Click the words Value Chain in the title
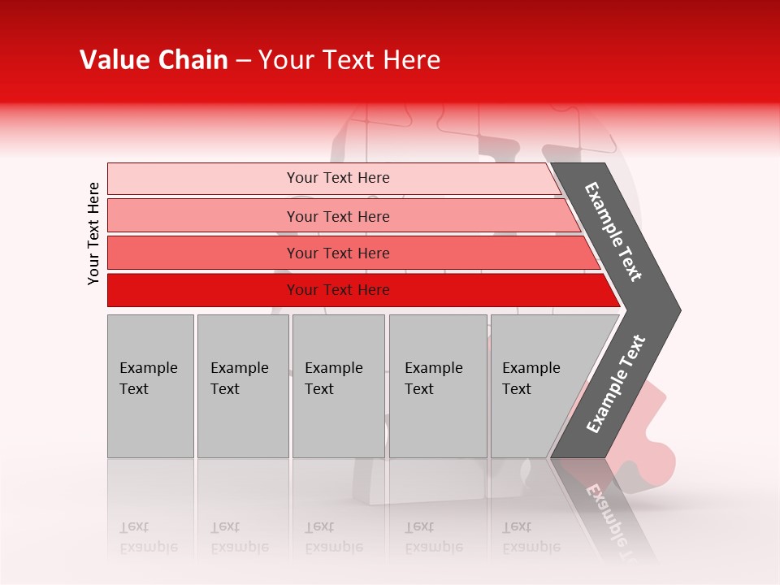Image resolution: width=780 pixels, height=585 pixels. (x=154, y=60)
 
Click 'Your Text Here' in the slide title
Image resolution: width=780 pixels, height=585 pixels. (x=349, y=60)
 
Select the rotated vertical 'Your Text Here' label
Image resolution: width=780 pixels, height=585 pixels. (x=93, y=233)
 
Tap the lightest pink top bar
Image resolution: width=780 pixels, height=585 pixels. (x=337, y=178)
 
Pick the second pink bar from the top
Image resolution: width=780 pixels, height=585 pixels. (x=337, y=216)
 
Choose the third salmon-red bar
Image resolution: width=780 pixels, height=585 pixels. (x=337, y=253)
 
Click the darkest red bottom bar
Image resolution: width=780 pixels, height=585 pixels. (x=337, y=290)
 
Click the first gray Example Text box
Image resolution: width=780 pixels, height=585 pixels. (x=150, y=386)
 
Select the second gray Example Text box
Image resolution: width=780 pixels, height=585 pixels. (x=242, y=386)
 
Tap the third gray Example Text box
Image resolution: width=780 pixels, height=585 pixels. (x=338, y=386)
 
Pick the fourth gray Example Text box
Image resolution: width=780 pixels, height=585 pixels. (x=437, y=386)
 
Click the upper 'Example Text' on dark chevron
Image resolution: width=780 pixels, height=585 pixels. (x=613, y=232)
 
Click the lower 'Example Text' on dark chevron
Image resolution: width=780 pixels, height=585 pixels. (x=616, y=383)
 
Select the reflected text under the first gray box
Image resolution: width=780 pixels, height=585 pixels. (x=149, y=537)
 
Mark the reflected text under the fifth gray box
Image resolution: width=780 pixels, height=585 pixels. (x=531, y=537)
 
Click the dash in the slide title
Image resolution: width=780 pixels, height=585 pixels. (x=243, y=60)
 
